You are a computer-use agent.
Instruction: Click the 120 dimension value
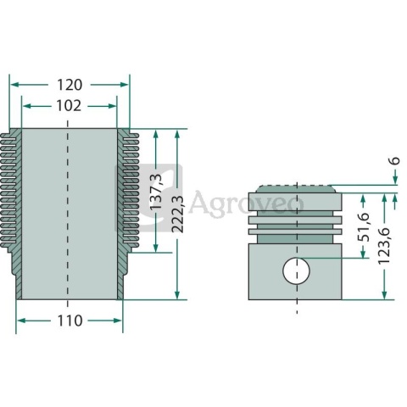click(70, 85)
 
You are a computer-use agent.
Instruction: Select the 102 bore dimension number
click(69, 106)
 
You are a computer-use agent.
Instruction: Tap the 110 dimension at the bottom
click(70, 321)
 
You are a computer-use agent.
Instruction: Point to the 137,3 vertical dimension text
click(155, 192)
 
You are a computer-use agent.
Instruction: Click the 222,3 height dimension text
click(177, 215)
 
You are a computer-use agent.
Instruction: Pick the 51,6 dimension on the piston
click(364, 227)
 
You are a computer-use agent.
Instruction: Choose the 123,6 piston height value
click(384, 246)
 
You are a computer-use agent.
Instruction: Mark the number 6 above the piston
click(395, 160)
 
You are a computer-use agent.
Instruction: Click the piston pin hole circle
click(296, 270)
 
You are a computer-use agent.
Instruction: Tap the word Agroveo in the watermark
click(246, 202)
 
